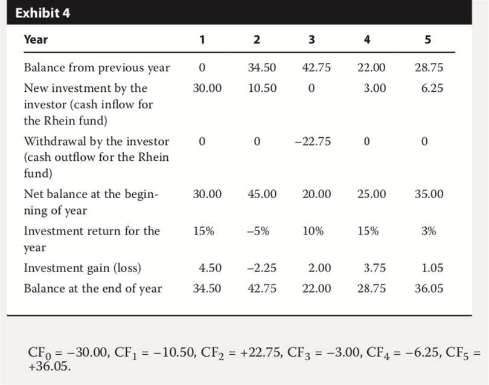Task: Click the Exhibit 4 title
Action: pyautogui.click(x=43, y=13)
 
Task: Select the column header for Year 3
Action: pyautogui.click(x=312, y=40)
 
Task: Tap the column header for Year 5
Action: pyautogui.click(x=427, y=40)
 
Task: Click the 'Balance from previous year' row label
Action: pyautogui.click(x=97, y=68)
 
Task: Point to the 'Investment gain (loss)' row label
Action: pyautogui.click(x=83, y=268)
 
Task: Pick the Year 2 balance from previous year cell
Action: pyautogui.click(x=262, y=68)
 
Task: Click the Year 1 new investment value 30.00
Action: pyautogui.click(x=207, y=88)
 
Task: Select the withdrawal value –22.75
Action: pyautogui.click(x=313, y=141)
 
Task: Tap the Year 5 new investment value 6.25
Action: pyautogui.click(x=432, y=88)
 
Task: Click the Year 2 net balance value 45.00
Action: pyautogui.click(x=262, y=194)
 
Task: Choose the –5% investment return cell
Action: pyautogui.click(x=258, y=231)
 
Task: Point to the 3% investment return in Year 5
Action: pyautogui.click(x=429, y=231)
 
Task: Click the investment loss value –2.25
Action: pyautogui.click(x=261, y=268)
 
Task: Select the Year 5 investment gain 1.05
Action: pyautogui.click(x=432, y=268)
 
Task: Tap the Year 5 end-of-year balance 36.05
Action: pyautogui.click(x=429, y=288)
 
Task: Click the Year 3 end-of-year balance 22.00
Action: pyautogui.click(x=316, y=288)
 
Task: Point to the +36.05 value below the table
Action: pyautogui.click(x=49, y=366)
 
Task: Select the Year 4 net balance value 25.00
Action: pyautogui.click(x=371, y=194)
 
